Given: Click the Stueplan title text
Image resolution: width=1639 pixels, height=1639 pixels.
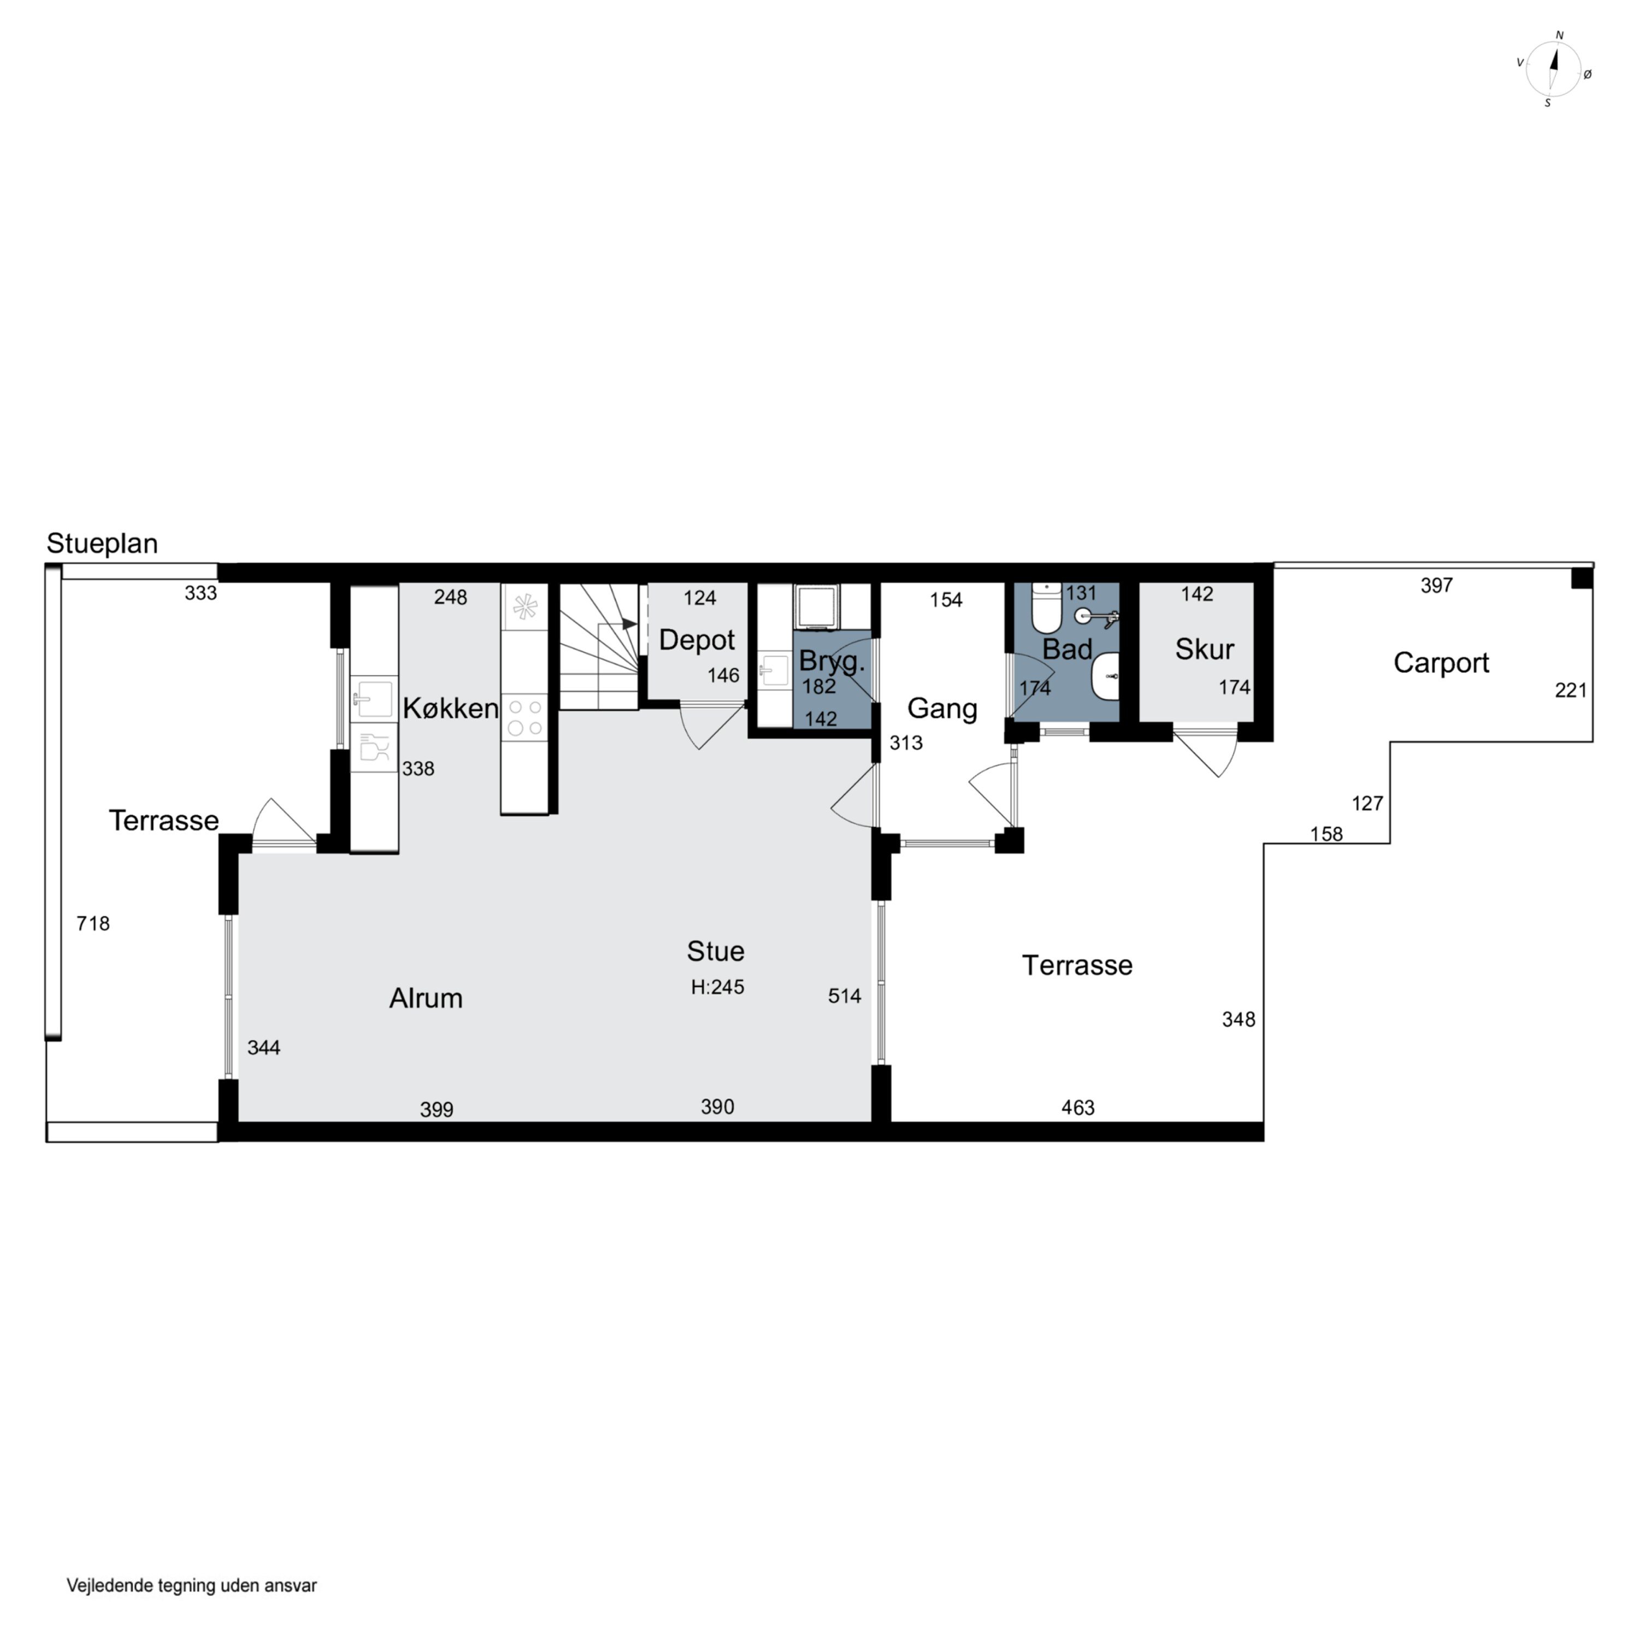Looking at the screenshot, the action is (x=102, y=544).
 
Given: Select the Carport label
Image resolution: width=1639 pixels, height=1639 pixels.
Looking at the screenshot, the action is (x=1441, y=663).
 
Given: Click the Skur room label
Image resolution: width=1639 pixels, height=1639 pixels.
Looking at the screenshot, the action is (x=1204, y=649).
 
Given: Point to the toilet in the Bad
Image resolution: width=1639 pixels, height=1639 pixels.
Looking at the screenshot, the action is (x=1047, y=608).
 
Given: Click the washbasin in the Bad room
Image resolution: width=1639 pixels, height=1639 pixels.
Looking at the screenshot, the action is (x=1105, y=676).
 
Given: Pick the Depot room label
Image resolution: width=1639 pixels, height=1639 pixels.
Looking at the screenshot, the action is (x=697, y=640).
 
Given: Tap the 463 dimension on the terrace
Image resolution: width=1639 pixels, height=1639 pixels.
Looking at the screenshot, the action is (x=1077, y=1107).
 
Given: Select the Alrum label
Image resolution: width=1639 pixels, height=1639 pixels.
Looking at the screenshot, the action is (x=426, y=998).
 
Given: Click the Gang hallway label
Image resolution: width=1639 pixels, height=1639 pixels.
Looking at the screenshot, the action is (x=942, y=709).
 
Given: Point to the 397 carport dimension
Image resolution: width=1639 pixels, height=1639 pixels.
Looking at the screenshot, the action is (x=1436, y=585).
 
